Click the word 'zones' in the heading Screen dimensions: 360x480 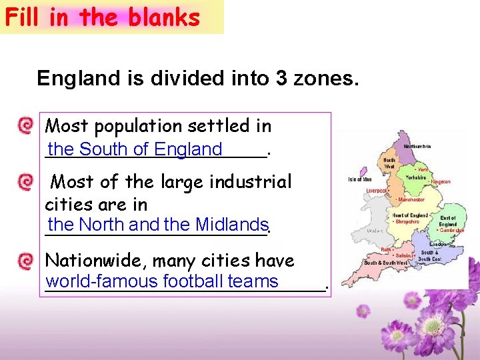(327, 79)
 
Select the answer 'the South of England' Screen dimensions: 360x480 (135, 149)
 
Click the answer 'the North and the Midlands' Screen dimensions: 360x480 (158, 225)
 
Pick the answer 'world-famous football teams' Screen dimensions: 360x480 (162, 281)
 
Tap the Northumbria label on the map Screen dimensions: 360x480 (417, 147)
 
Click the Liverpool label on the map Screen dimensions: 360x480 (377, 191)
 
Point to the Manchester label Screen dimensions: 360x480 (411, 200)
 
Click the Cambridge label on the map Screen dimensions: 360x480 (451, 231)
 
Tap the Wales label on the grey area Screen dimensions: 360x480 (375, 231)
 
